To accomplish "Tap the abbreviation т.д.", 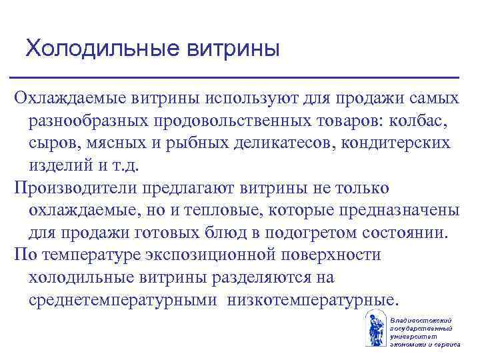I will pyautogui.click(x=117, y=164).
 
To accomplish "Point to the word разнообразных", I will pyautogui.click(x=87, y=121).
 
